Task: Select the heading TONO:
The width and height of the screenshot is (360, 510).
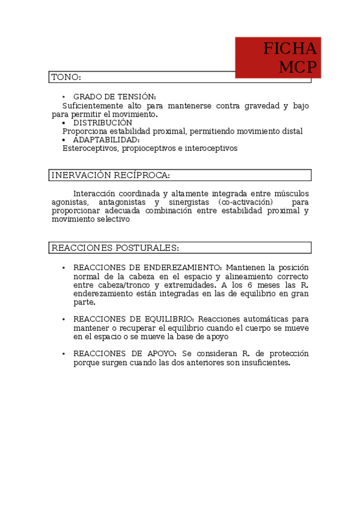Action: [66, 78]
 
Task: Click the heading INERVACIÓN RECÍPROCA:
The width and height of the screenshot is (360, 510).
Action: [111, 176]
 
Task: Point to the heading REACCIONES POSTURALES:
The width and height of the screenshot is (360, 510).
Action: [115, 248]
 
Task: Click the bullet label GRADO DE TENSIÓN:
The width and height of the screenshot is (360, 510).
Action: [114, 97]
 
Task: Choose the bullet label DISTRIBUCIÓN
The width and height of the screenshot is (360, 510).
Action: [102, 123]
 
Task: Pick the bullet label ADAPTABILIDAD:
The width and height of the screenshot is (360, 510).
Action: [106, 140]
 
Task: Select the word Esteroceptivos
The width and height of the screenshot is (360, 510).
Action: [89, 148]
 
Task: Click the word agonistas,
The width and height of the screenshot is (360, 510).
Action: [70, 202]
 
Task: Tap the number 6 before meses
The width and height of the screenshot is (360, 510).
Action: [241, 285]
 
